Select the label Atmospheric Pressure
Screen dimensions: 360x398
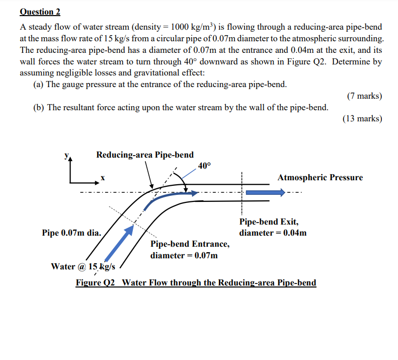[x=320, y=177]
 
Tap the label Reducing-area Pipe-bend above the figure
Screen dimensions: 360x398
[x=145, y=155]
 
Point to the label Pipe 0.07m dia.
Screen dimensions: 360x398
[x=71, y=233]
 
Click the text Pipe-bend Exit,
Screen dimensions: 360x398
[x=269, y=222]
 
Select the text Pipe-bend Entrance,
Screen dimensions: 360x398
[x=190, y=244]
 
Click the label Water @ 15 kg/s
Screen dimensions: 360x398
[x=83, y=266]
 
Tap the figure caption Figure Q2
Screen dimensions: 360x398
[x=196, y=282]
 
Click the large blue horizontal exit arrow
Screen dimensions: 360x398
[x=267, y=192]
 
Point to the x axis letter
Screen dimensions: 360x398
[x=102, y=178]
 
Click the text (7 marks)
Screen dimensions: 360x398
[x=364, y=96]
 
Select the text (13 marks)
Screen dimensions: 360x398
[x=362, y=119]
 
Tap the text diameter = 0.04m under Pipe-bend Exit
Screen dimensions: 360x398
[x=273, y=233]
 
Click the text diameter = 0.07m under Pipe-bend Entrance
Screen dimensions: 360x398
[x=184, y=255]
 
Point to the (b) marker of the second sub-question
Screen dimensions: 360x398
[x=39, y=107]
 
